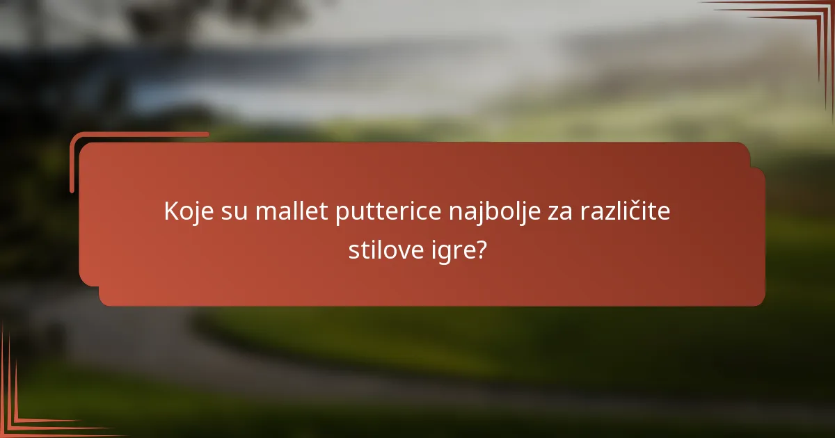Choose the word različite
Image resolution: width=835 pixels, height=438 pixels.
pos(623,211)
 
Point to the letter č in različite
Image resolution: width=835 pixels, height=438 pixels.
pos(622,211)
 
